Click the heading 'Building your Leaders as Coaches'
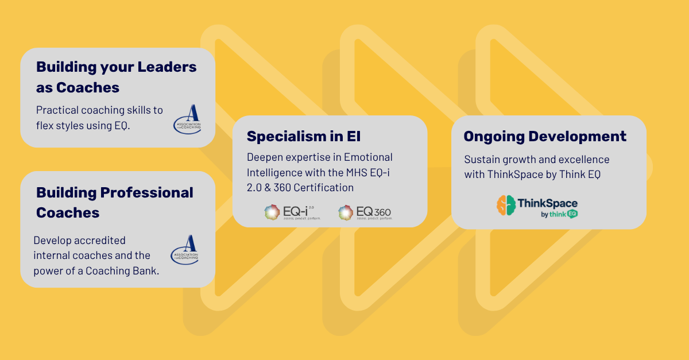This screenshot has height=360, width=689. pyautogui.click(x=116, y=77)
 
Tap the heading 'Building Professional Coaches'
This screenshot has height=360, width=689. pyautogui.click(x=114, y=202)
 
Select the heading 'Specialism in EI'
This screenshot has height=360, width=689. pyautogui.click(x=304, y=137)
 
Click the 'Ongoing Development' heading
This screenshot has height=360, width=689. pyautogui.click(x=544, y=137)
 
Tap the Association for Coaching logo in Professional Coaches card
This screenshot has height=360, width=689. pyautogui.click(x=185, y=249)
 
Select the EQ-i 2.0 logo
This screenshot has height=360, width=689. pyautogui.click(x=292, y=212)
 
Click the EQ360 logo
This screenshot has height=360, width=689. pyautogui.click(x=365, y=212)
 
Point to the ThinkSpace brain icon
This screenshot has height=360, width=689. pyautogui.click(x=506, y=206)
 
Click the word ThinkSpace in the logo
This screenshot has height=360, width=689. pyautogui.click(x=547, y=203)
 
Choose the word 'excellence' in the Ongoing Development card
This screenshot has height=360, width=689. pyautogui.click(x=581, y=160)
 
